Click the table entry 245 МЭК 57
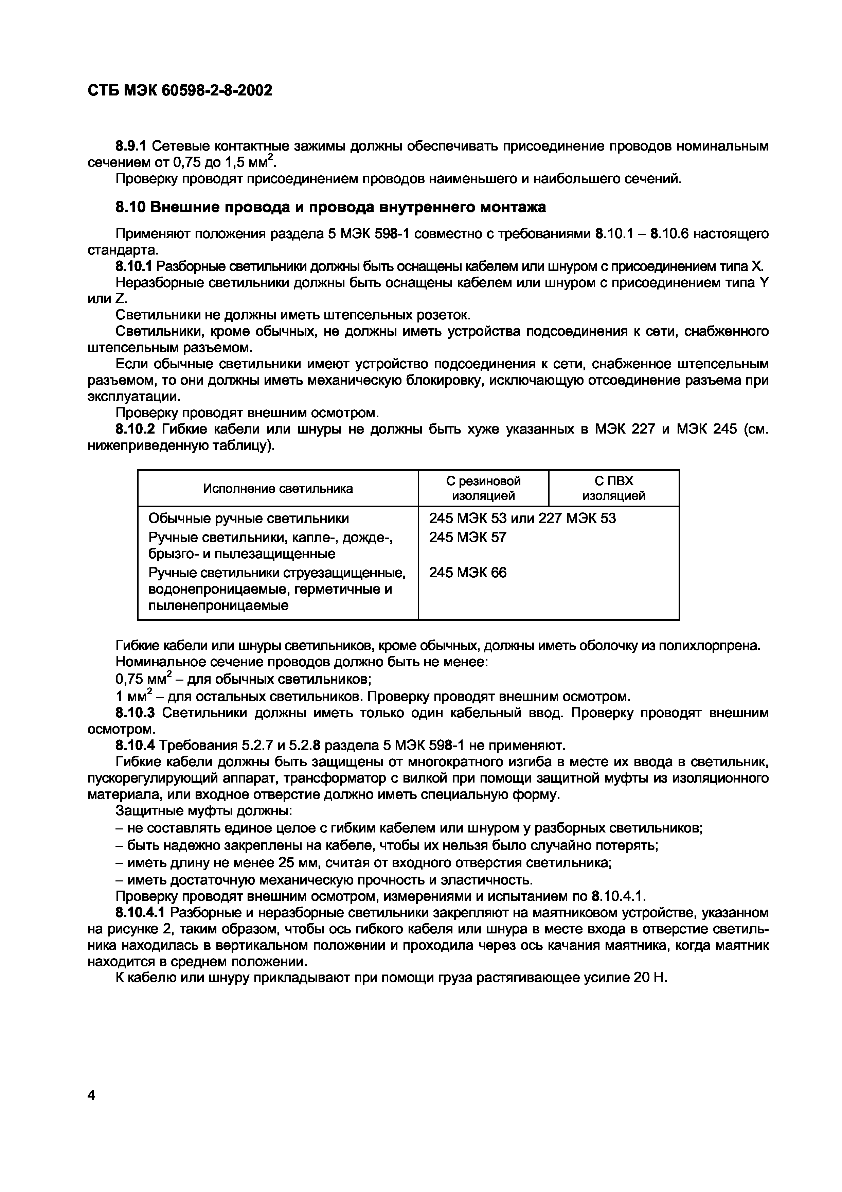[467, 537]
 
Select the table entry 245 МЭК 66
[467, 573]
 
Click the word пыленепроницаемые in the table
[218, 606]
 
